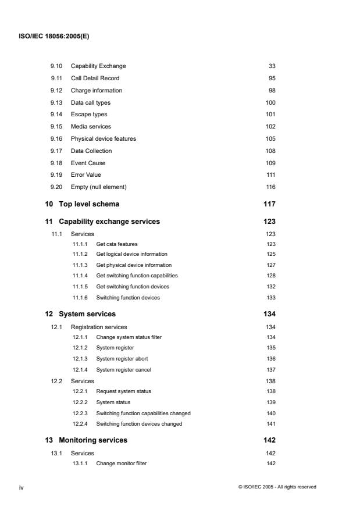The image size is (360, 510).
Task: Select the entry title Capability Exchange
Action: (x=98, y=66)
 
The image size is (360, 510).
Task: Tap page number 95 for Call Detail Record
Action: (x=272, y=78)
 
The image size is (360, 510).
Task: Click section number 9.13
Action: (x=56, y=102)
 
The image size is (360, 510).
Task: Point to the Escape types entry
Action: (x=89, y=115)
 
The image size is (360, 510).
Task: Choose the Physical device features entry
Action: (x=104, y=138)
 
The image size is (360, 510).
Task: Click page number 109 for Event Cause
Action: (x=270, y=163)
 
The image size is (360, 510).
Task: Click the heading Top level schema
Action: (x=90, y=204)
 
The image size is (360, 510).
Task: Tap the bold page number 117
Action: (x=269, y=204)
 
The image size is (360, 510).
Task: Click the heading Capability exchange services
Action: (x=109, y=222)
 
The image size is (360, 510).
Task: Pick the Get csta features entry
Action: (x=117, y=244)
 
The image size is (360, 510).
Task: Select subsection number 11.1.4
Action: (x=80, y=275)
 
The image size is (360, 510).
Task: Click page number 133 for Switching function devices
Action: (x=270, y=297)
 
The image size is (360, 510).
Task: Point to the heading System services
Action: (x=87, y=314)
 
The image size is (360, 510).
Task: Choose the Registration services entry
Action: (x=99, y=327)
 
